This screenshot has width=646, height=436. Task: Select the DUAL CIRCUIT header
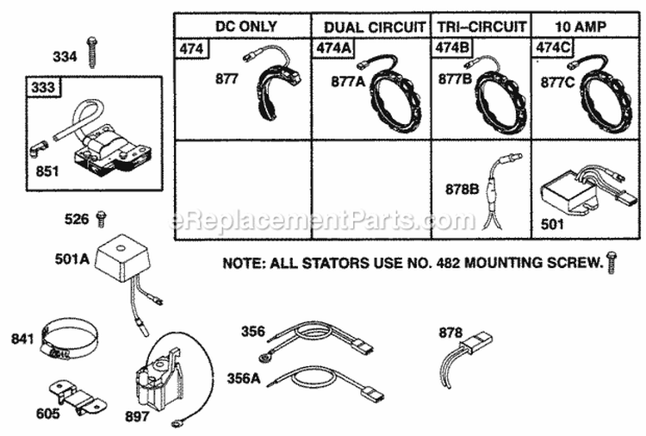(370, 26)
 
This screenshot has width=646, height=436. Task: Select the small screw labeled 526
(102, 218)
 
